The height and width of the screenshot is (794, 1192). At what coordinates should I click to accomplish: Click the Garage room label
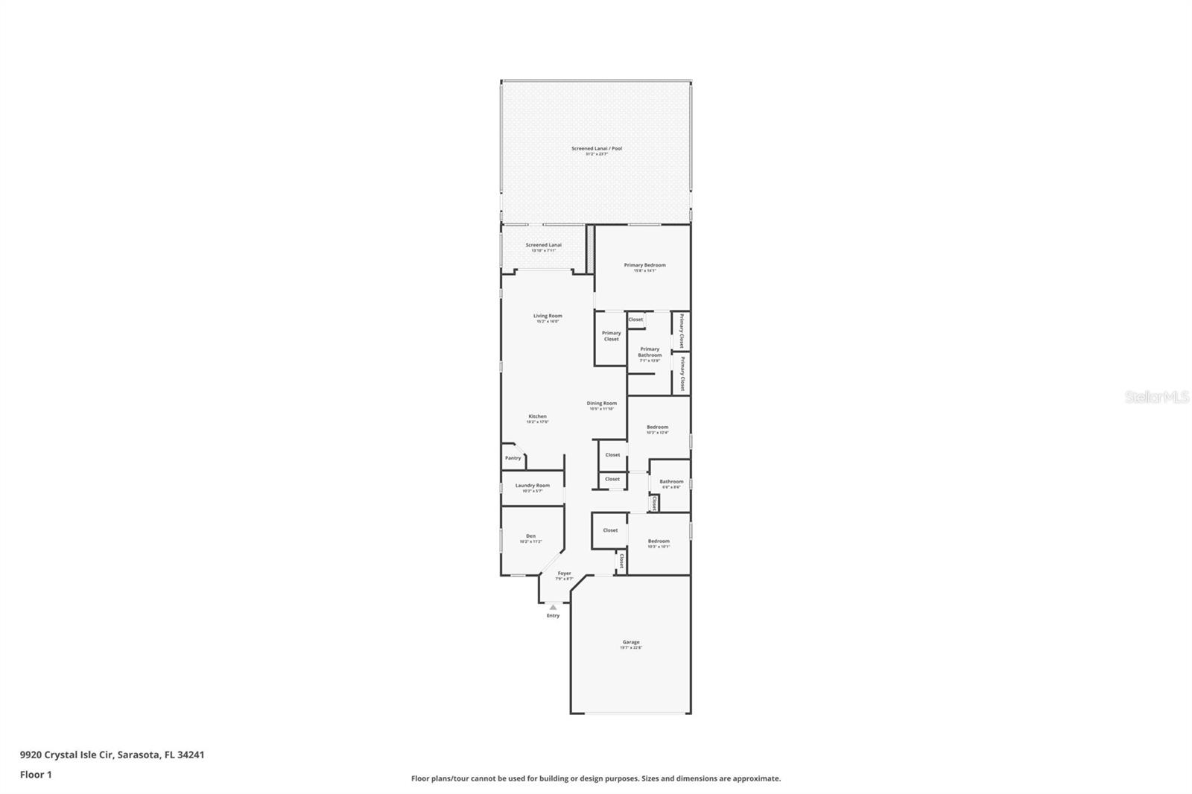click(x=631, y=642)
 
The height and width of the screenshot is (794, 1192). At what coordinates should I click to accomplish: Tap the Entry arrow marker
click(x=553, y=608)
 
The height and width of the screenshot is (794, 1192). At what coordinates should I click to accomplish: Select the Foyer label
click(x=565, y=574)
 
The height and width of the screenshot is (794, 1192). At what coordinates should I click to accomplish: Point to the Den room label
click(x=530, y=536)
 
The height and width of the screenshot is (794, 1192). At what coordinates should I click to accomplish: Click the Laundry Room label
click(x=532, y=486)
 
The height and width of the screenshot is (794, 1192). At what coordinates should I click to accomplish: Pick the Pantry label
click(x=513, y=458)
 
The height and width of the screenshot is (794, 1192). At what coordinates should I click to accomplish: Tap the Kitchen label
click(x=537, y=417)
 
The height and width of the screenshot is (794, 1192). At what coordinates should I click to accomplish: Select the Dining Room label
click(x=601, y=404)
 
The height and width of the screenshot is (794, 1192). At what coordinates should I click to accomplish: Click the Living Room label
click(x=548, y=317)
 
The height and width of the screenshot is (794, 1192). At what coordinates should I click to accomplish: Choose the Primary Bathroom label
click(x=650, y=352)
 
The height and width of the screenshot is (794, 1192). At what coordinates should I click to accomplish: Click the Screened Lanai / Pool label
click(x=597, y=149)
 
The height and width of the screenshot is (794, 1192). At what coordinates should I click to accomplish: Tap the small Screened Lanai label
click(x=543, y=245)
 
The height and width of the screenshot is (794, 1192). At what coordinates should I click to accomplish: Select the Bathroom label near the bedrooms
click(x=671, y=482)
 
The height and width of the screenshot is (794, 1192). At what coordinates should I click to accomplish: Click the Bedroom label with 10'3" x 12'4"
click(x=657, y=428)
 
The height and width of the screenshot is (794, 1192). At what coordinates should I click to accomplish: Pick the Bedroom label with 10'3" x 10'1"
click(x=659, y=541)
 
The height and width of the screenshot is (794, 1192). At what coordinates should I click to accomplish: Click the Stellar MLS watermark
click(x=1157, y=398)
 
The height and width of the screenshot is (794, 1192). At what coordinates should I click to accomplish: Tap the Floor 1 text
click(x=36, y=775)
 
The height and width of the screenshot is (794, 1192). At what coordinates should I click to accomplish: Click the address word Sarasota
click(x=138, y=755)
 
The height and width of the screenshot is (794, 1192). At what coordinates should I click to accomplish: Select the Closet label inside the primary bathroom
click(x=635, y=320)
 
